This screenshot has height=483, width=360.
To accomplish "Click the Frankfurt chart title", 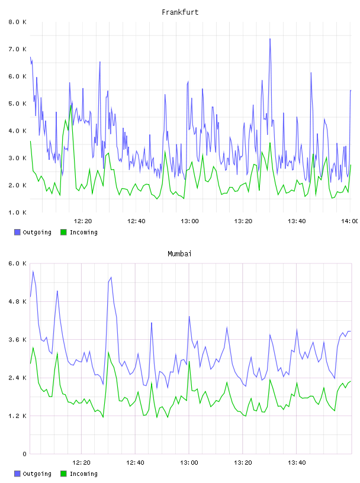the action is tap(180, 12).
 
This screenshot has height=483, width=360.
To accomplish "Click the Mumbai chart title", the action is tap(179, 254).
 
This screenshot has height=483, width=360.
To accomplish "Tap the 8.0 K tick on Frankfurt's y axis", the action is tap(18, 22).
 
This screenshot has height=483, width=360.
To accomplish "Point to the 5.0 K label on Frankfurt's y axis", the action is tap(18, 104).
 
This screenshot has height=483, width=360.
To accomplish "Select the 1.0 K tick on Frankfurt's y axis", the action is tap(18, 212).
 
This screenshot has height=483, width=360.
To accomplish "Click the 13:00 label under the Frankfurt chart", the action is tap(189, 221).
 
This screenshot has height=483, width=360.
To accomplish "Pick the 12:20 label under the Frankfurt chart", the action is tap(83, 221).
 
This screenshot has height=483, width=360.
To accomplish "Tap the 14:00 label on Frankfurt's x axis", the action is tap(350, 221).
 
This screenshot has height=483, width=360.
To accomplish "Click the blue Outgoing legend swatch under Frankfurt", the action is tap(17, 232).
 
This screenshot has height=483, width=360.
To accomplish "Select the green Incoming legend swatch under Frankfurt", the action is tap(63, 232).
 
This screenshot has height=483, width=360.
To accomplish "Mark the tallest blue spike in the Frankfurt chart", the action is tap(270, 39).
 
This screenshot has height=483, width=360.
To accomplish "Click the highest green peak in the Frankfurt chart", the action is tap(71, 105).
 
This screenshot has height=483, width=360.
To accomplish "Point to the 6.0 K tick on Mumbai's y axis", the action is tap(18, 263).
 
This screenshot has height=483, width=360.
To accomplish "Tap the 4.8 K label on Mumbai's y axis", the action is tap(18, 301).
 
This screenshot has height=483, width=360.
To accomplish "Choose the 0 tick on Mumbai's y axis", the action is tap(24, 454).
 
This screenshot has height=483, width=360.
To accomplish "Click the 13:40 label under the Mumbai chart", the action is tap(297, 463).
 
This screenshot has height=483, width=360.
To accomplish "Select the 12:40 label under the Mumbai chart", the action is tap(135, 463).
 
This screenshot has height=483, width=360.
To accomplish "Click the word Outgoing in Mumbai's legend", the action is tap(37, 474).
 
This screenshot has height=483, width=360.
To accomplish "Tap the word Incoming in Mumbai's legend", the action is tap(83, 474).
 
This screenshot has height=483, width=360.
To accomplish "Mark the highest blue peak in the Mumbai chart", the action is tap(33, 271).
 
